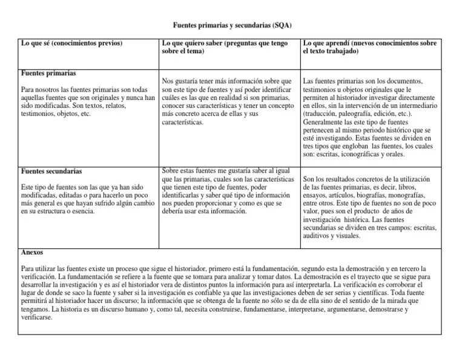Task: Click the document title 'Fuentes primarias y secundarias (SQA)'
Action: (x=232, y=25)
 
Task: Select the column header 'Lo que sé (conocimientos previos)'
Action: (x=71, y=43)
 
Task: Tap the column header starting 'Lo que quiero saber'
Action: (x=225, y=43)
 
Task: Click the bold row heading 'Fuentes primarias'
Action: (x=48, y=73)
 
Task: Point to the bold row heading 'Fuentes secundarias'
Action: (x=51, y=172)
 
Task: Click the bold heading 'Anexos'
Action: (x=31, y=252)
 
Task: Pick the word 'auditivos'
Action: (x=318, y=236)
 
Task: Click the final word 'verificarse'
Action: (x=37, y=317)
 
